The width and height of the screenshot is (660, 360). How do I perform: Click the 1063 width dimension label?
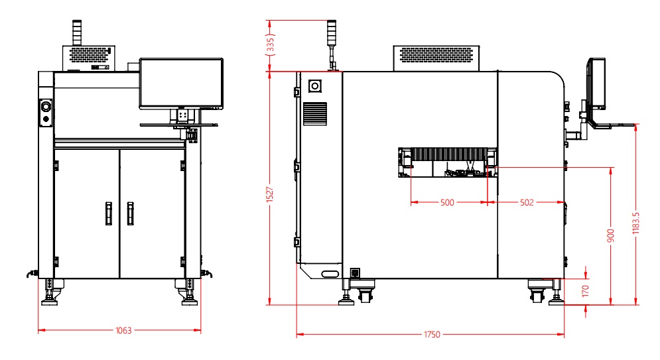pos(123,331)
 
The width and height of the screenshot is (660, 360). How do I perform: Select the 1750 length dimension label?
pos(432,335)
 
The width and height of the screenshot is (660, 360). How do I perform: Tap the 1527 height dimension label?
pos(270,195)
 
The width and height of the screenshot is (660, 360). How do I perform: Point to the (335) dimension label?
pos(270,45)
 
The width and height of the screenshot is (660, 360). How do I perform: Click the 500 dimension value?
pos(447,203)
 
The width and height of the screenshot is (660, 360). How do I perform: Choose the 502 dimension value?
pos(527,203)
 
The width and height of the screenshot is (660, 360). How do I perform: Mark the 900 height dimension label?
pos(611,235)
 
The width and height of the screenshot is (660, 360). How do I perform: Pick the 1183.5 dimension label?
pos(635,223)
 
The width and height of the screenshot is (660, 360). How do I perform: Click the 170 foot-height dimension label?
pos(586,291)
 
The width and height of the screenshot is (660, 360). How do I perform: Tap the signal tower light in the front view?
pos(77,32)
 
